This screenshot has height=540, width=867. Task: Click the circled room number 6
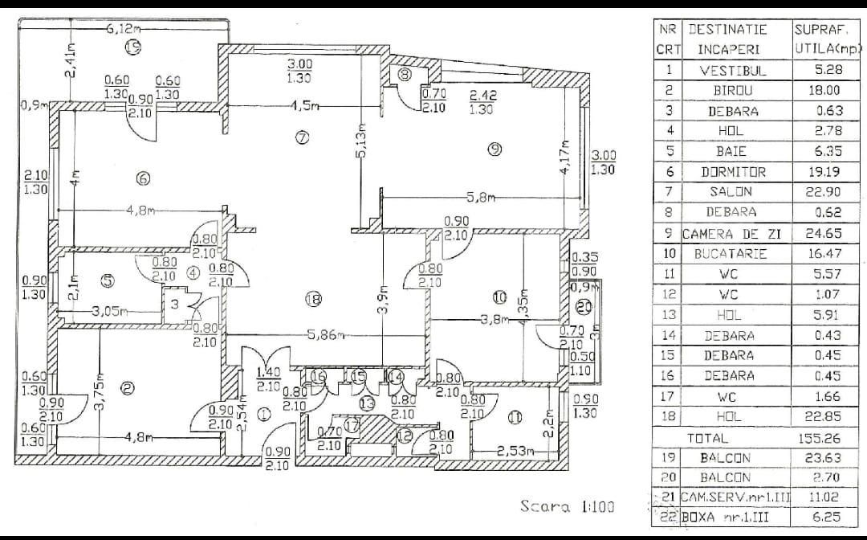[x=143, y=179]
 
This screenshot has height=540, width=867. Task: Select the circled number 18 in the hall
[x=313, y=300]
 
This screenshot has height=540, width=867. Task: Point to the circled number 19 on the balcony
[x=133, y=48]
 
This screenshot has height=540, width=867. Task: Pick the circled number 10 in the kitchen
[x=499, y=297]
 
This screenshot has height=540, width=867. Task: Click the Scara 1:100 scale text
[x=567, y=506]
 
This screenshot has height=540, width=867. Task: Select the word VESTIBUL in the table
[x=733, y=70]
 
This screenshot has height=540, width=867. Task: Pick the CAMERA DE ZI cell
[x=733, y=234]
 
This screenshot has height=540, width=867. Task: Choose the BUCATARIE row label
[x=733, y=254]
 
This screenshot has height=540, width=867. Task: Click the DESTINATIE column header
[x=727, y=29]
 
